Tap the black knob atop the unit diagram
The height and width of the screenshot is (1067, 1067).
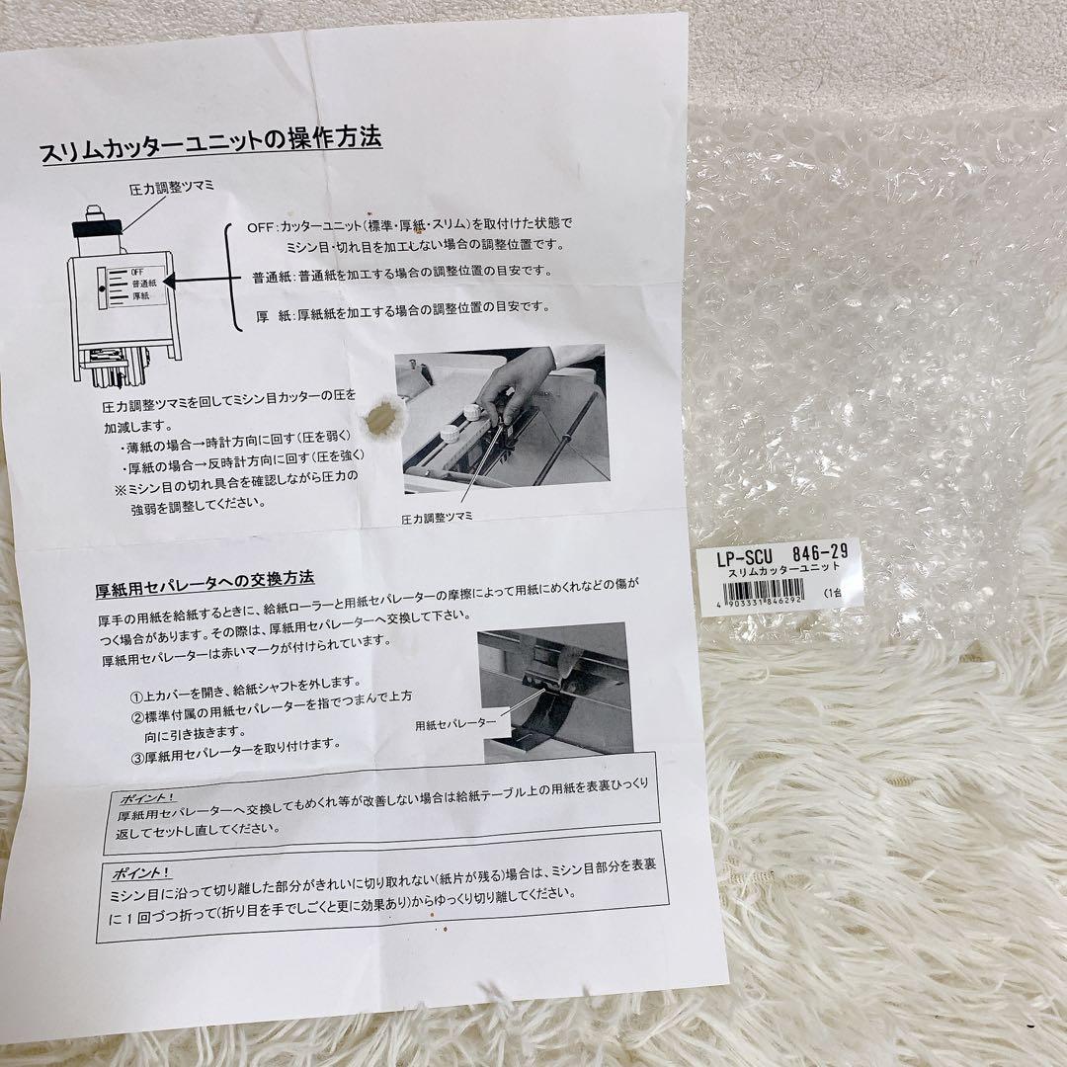(x=97, y=226)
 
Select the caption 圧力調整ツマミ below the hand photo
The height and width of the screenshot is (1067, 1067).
(x=438, y=518)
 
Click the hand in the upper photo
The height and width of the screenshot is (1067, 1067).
(x=513, y=380)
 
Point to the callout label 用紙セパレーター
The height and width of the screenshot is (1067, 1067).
(x=455, y=723)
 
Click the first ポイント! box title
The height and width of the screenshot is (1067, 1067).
(x=145, y=798)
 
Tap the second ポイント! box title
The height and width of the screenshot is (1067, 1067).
(x=139, y=873)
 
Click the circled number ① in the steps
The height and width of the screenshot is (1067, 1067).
(x=138, y=685)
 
